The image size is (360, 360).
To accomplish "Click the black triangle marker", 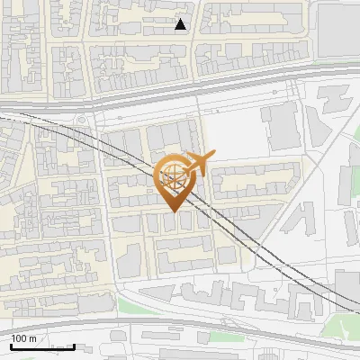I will pos(181,25).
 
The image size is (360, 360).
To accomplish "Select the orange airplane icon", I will pos(197,164).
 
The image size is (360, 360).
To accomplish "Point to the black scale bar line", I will pos(41,346).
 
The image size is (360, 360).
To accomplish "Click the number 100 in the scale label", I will pos(19,338).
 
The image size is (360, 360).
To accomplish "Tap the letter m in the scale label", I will pos(32,338).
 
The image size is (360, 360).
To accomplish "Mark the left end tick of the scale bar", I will pos(11,346).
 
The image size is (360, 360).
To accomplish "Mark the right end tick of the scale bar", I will pos(73,346).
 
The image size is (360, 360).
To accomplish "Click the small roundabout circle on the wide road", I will pos(83,121).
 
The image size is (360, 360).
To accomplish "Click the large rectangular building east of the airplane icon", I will pos(282,126).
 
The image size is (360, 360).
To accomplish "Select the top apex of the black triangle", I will pos(181,19).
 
